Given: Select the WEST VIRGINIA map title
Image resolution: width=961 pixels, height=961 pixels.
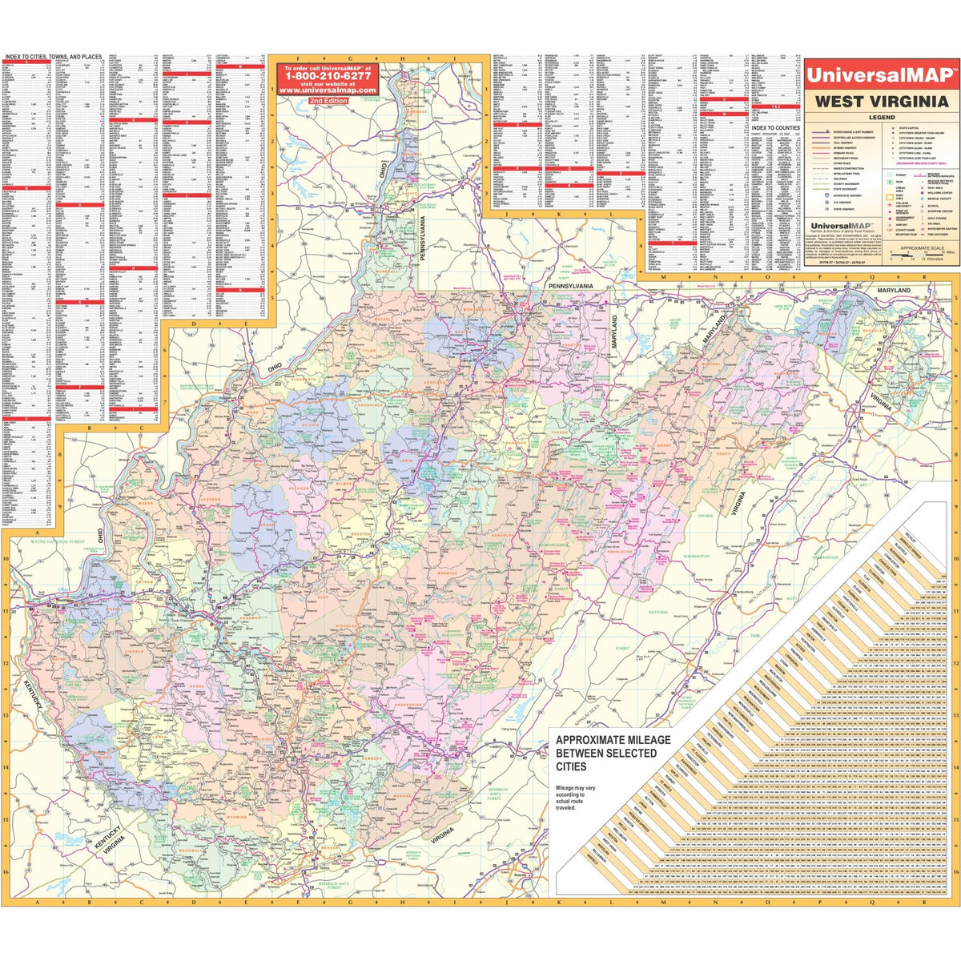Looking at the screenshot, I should [881, 102].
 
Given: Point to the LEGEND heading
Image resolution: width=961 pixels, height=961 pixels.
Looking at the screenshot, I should [881, 118].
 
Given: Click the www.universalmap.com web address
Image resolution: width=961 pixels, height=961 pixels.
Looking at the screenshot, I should [324, 90].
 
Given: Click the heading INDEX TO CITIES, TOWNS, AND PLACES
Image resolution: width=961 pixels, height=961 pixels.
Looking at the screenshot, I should [53, 57].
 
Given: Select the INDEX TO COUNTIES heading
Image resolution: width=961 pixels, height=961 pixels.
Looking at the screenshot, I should [776, 128].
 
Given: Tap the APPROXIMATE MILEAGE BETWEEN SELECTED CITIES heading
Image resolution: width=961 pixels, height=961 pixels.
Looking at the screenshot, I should [613, 754].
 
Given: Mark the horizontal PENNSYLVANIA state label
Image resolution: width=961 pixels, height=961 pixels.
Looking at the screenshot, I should [569, 286].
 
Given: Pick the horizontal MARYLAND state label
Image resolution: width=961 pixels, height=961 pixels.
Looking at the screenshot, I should [893, 290].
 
